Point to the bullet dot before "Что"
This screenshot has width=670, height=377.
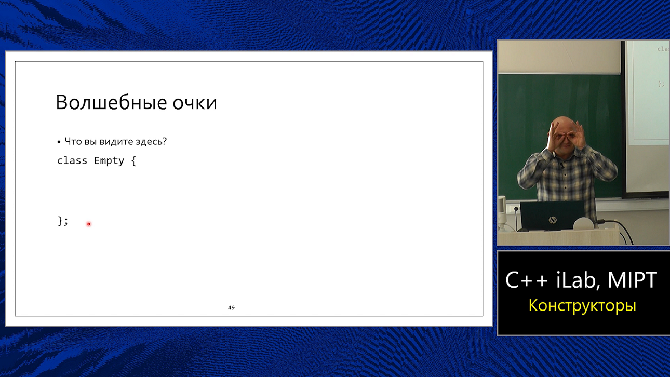pos(59,142)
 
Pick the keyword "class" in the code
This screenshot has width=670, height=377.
pos(72,160)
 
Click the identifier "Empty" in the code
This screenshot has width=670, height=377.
pos(109,161)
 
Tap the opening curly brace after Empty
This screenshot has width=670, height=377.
pos(133,161)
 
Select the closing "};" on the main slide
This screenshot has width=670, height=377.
pos(63,221)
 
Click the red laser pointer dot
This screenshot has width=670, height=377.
pos(89,224)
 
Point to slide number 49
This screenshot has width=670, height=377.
pos(231,307)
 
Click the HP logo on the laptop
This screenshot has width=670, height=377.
pos(552,220)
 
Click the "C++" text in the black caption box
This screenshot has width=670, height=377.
pos(527,281)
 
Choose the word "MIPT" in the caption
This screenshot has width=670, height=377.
pos(632,281)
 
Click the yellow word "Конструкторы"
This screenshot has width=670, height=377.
pos(582,305)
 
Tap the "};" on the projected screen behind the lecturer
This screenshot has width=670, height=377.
pos(661,83)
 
